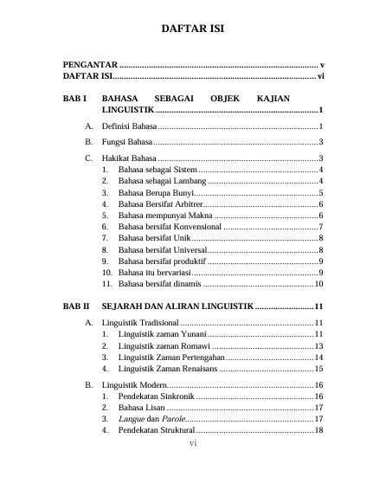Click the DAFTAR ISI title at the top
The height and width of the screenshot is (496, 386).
[192, 29]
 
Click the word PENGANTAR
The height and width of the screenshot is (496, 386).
[90, 65]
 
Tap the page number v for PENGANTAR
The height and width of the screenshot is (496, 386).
[321, 65]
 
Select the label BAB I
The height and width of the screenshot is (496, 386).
[75, 100]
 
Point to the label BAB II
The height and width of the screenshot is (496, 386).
[76, 306]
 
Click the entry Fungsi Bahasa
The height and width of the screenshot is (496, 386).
[126, 142]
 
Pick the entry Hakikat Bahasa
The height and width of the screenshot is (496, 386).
[128, 158]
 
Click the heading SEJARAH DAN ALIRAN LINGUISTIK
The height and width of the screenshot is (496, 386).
[177, 306]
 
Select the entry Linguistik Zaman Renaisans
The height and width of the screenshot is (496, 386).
[167, 368]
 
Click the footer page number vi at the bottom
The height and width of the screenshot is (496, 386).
[194, 445]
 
